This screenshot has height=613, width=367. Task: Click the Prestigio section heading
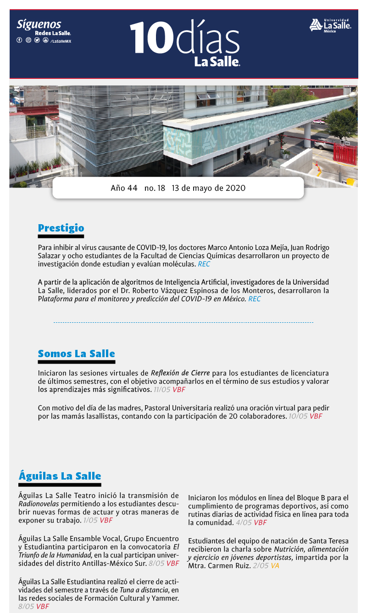61,228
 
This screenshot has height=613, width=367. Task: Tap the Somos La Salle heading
76,353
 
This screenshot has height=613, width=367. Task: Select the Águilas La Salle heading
60,475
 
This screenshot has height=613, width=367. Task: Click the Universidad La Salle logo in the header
330,25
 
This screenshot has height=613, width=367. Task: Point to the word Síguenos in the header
39,24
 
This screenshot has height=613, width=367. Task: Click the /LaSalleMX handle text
61,41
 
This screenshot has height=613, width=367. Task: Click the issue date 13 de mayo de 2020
208,188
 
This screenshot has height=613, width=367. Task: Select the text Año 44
124,188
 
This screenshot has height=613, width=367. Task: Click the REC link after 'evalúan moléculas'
204,264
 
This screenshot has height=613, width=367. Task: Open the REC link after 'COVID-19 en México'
254,299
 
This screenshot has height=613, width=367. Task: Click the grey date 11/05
162,390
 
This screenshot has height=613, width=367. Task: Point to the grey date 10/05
298,416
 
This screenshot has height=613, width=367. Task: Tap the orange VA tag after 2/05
275,566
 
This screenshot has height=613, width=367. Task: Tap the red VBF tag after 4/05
260,522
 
